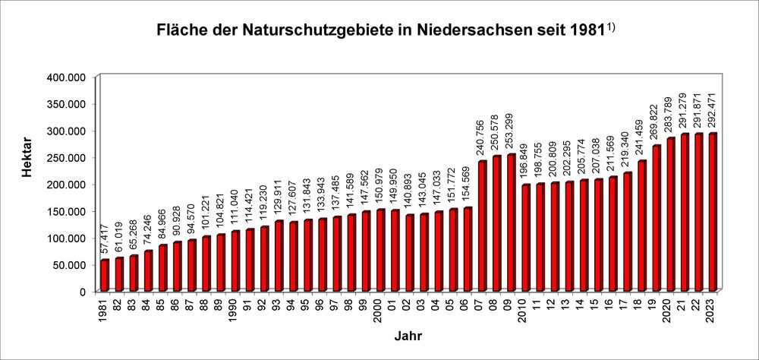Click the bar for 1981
(105, 275)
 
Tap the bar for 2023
(712, 213)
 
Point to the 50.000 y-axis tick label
(72, 264)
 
